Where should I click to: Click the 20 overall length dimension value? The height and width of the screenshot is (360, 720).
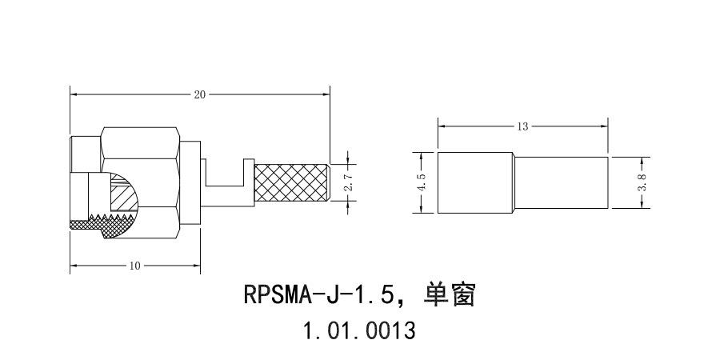click(x=200, y=94)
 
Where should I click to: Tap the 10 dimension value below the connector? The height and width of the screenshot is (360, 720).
click(x=134, y=266)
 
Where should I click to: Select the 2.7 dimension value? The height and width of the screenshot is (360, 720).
click(x=347, y=183)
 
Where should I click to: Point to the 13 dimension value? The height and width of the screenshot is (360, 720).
click(x=523, y=126)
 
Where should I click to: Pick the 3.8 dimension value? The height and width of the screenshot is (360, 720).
click(x=642, y=183)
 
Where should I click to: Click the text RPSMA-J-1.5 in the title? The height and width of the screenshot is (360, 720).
click(x=318, y=295)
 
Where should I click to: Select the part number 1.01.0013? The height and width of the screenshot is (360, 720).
click(x=359, y=330)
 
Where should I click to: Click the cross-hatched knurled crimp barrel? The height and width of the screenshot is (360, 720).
click(x=291, y=184)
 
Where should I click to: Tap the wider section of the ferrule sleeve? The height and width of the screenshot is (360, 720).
click(x=475, y=183)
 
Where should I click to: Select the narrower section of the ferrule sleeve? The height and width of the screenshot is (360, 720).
click(x=562, y=183)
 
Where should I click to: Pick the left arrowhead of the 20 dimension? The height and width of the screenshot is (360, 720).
click(x=74, y=94)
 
